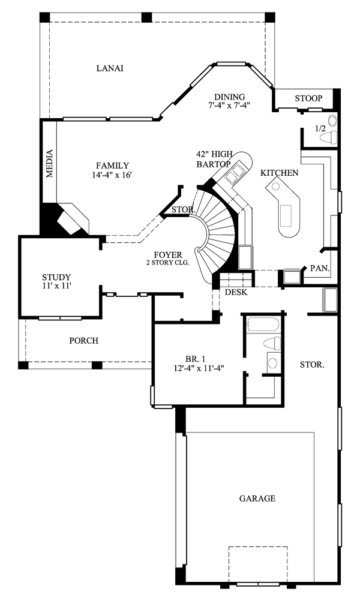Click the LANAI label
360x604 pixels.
110,68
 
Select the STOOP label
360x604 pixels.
308,98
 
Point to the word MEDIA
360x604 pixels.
49,163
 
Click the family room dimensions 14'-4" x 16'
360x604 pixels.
112,175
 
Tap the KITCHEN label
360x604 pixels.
280,173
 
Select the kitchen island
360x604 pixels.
284,208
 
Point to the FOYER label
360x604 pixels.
167,255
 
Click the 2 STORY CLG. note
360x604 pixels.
167,263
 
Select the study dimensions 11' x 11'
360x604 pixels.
56,286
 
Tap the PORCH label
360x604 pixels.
83,341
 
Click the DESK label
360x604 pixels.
236,292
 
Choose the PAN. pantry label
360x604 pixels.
320,268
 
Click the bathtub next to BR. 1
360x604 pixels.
262,324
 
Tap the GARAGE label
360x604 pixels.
257,498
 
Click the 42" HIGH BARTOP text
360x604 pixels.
214,159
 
